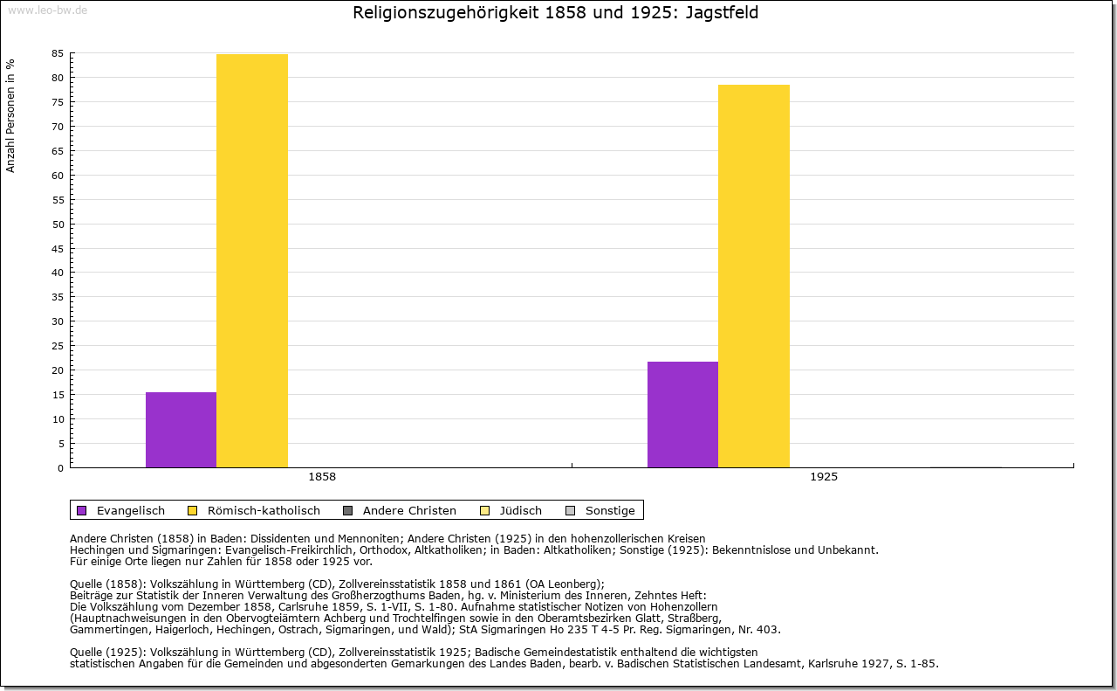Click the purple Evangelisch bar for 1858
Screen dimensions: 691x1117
(181, 430)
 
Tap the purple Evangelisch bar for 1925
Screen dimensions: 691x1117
(682, 414)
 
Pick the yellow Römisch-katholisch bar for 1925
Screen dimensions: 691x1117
(754, 276)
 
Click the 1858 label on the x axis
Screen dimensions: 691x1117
(322, 478)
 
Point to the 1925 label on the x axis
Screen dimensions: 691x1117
(824, 478)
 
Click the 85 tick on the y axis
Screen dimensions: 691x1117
(58, 53)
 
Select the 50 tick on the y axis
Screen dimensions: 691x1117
(58, 225)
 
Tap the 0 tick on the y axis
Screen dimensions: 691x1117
(60, 468)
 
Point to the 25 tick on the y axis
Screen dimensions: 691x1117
(58, 346)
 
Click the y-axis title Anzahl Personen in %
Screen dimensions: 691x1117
(11, 115)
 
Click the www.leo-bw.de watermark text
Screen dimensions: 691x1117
(46, 10)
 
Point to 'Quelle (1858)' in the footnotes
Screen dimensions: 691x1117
(106, 584)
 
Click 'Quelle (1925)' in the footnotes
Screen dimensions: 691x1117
(106, 652)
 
